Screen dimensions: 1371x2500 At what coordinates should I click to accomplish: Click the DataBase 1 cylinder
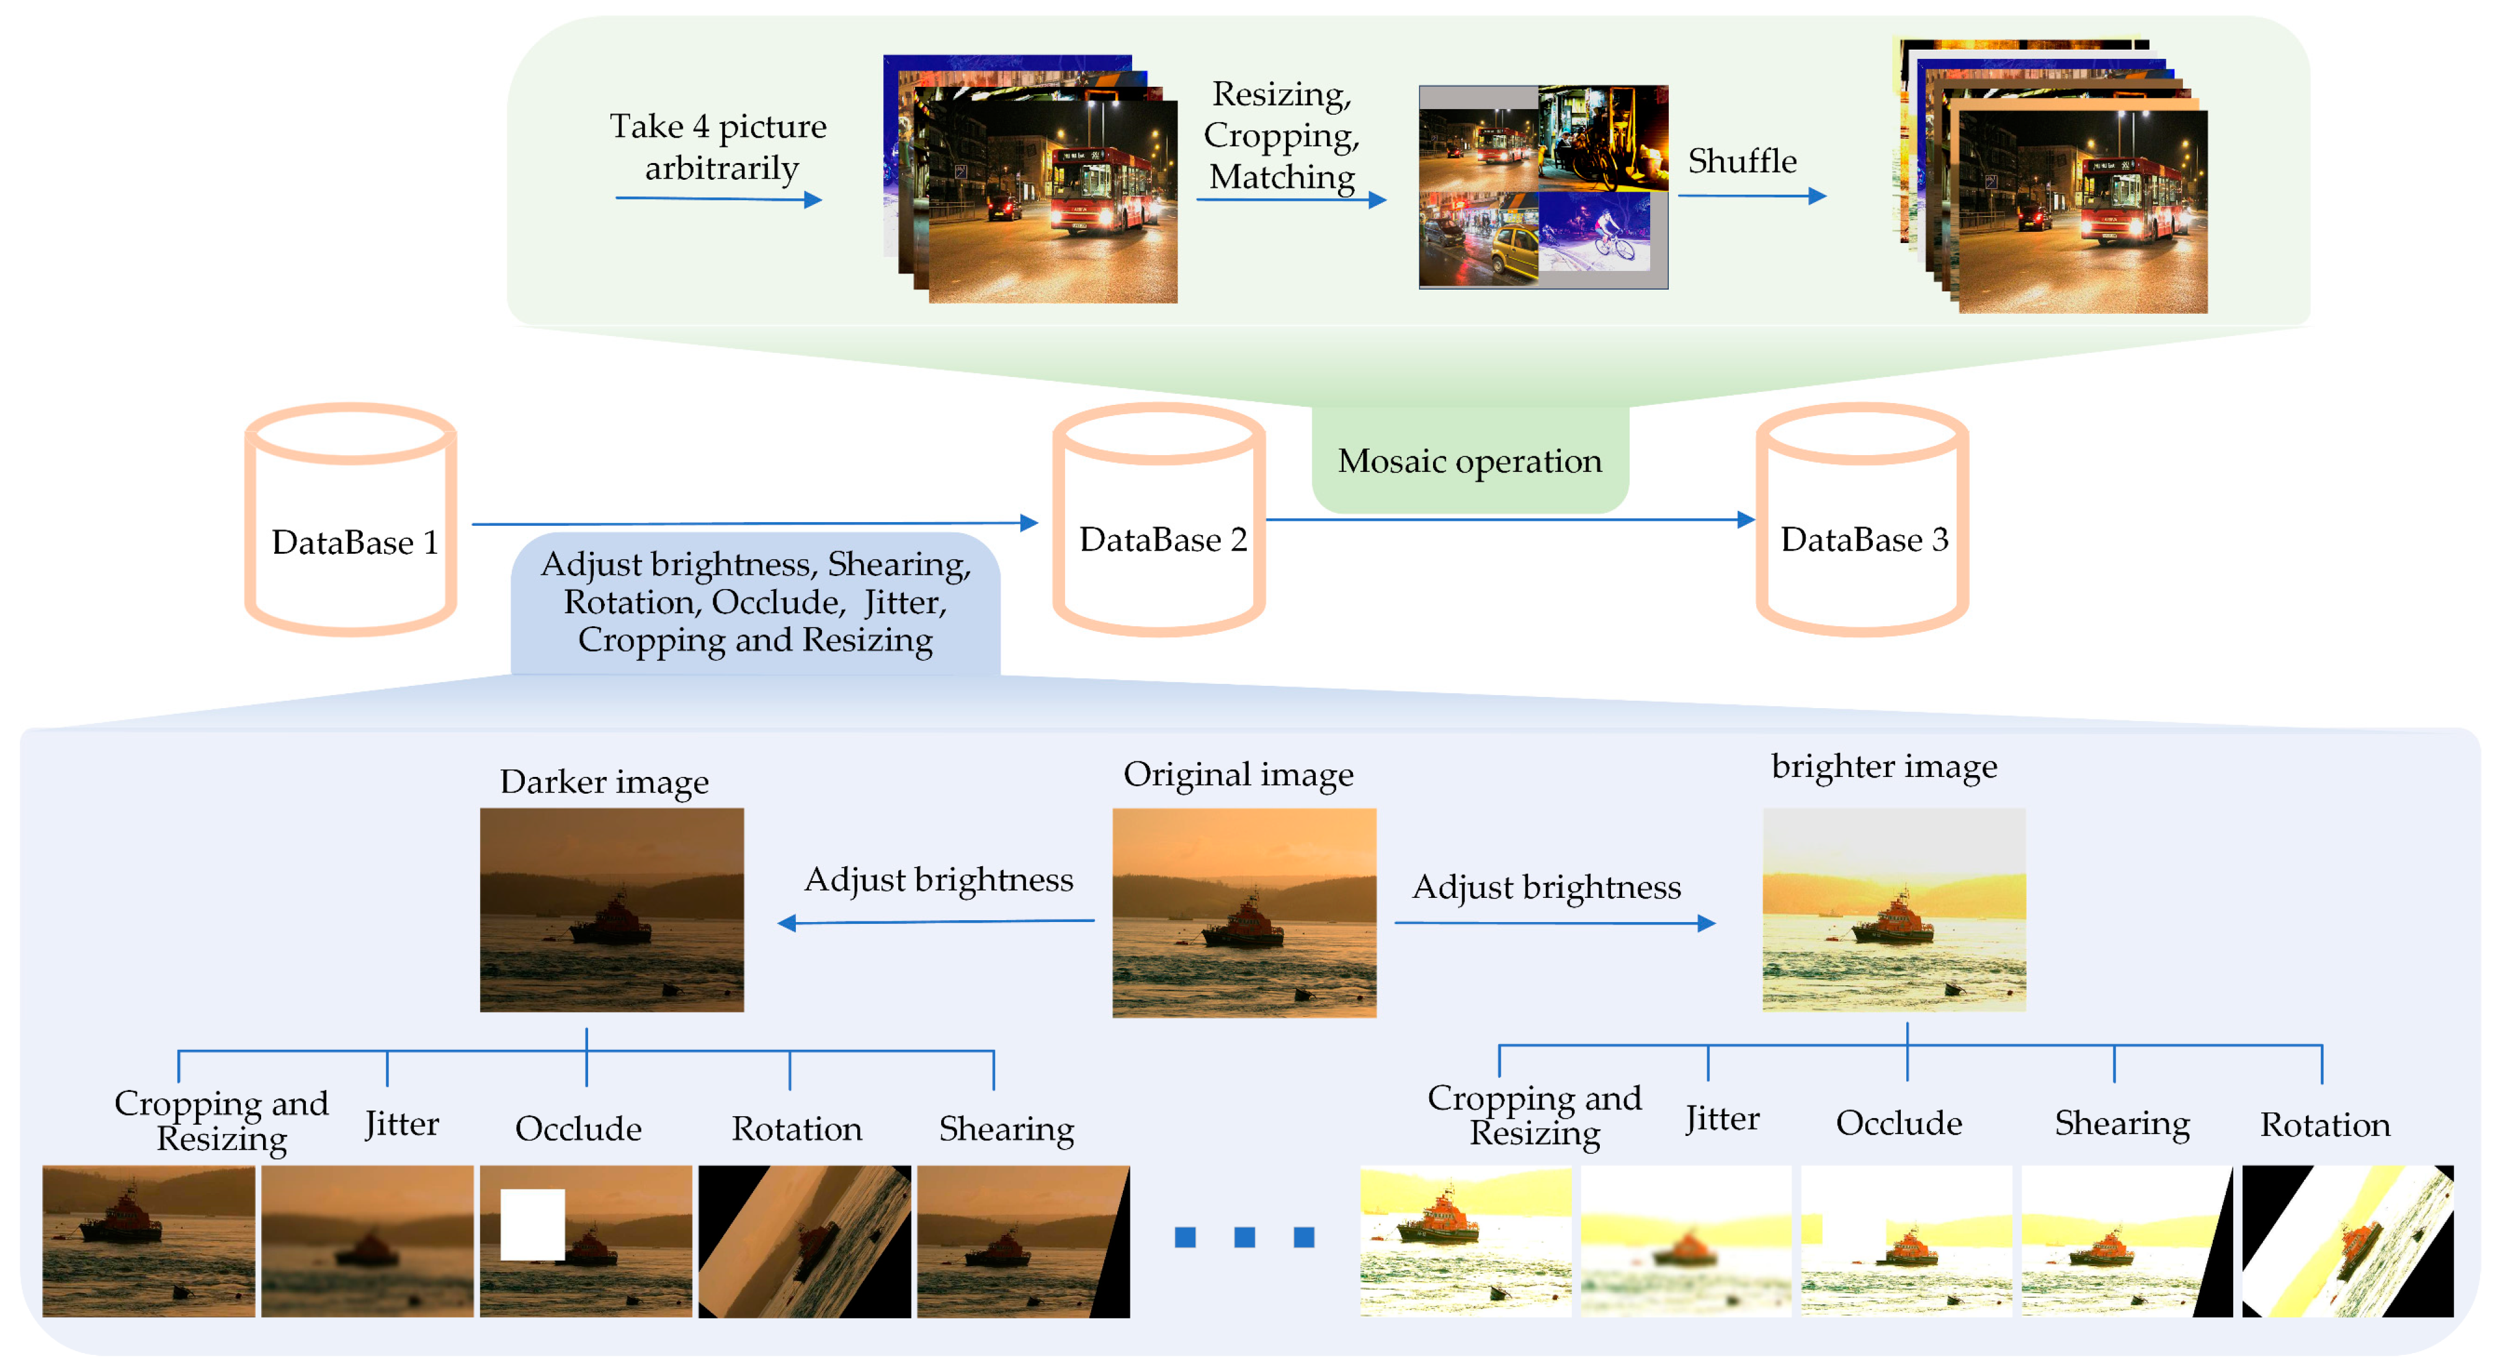click(x=350, y=521)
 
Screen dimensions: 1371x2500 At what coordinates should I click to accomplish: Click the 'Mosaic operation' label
click(x=1470, y=461)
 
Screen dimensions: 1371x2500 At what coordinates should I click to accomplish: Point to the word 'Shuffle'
click(x=1742, y=161)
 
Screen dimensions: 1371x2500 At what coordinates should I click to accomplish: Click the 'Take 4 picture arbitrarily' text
click(x=718, y=146)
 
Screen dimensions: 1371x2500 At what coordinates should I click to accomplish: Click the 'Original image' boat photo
click(x=1244, y=912)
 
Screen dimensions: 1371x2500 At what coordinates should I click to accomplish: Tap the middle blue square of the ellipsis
click(x=1244, y=1237)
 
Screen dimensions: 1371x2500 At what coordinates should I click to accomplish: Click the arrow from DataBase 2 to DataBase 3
click(x=1509, y=519)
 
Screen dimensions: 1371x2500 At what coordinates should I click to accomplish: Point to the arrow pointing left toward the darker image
click(x=937, y=922)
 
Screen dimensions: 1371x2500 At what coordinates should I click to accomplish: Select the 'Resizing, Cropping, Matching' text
click(x=1281, y=136)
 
